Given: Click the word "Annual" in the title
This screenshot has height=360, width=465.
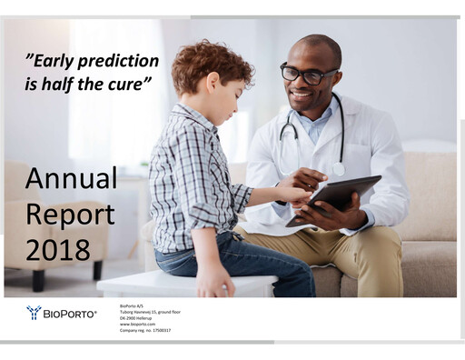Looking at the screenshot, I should tap(71, 178).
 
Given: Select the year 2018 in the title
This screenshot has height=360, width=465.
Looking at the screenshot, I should tap(58, 249).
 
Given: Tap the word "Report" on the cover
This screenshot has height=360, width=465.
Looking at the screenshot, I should tap(69, 215).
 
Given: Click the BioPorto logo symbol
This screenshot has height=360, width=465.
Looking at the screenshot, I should tap(34, 313).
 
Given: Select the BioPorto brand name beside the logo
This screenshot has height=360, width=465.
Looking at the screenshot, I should tap(70, 314).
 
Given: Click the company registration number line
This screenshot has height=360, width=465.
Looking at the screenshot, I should tap(145, 330).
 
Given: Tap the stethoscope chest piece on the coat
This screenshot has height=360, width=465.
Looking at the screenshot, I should tap(339, 169).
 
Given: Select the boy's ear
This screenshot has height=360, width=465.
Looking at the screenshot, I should tap(223, 91).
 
